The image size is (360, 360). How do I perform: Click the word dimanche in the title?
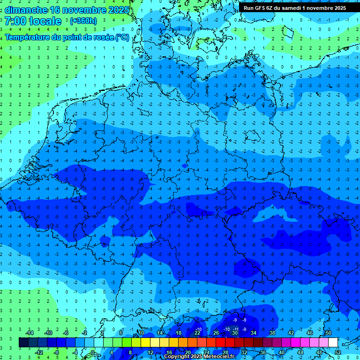coord(26,10)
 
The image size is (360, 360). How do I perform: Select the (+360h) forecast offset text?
coord(83,21)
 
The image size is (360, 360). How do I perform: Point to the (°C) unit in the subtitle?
coord(123,37)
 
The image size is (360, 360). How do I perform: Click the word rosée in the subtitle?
coord(101,37)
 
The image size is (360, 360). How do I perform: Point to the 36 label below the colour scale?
coord(262,352)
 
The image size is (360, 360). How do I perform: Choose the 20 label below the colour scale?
coord(187,352)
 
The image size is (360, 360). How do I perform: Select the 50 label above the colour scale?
coord(328,333)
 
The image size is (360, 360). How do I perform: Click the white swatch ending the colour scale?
coord(333,343)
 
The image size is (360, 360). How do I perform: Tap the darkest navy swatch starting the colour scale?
coord(23,343)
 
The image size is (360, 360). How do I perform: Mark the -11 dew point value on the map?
coord(236,330)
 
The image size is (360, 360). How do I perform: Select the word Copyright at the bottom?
coord(177,357)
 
